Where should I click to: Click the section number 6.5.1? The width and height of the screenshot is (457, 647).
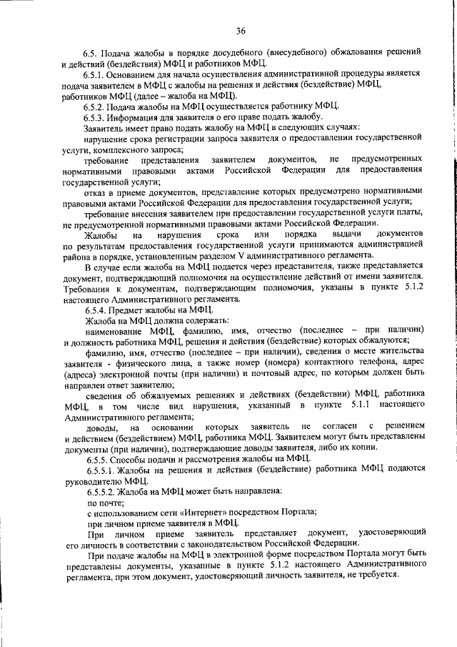[x=95, y=74]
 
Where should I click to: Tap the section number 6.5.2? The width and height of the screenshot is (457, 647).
[x=95, y=106]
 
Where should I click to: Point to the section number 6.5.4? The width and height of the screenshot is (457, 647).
[x=95, y=310]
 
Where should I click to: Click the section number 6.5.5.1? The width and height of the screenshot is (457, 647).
[x=99, y=469]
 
